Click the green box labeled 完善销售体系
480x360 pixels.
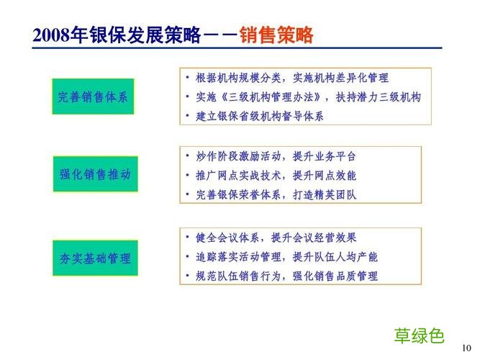point(94,97)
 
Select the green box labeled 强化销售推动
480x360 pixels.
point(94,174)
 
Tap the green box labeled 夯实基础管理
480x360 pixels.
point(94,257)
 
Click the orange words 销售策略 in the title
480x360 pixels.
point(277,35)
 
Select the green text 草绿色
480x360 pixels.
point(419,335)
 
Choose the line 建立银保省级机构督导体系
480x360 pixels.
point(260,115)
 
